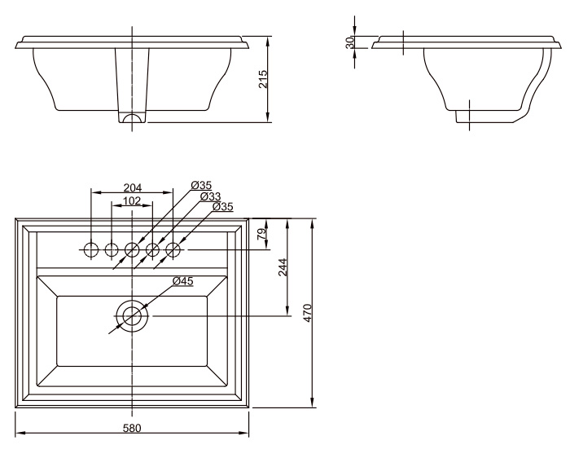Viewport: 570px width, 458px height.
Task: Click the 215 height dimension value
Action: pos(262,79)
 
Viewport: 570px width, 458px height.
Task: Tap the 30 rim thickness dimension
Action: pos(349,42)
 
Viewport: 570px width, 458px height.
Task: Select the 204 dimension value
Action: pos(132,187)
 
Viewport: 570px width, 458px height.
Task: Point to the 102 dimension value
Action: pos(132,200)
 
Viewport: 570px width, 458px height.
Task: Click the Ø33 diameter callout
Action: pos(210,196)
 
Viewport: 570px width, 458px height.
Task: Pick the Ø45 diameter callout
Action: pos(183,281)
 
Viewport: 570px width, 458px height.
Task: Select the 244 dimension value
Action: pos(283,267)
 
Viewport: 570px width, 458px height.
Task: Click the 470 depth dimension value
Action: pos(308,313)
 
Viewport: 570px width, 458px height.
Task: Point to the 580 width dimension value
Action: pos(132,428)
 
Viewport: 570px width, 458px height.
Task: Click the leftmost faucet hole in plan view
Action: pos(91,249)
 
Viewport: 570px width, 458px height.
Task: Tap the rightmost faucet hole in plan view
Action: pos(173,249)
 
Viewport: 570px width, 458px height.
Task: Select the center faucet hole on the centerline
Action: pos(132,249)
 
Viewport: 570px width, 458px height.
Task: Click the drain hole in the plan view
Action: pos(132,315)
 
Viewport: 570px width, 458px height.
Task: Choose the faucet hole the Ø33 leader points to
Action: pos(152,249)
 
